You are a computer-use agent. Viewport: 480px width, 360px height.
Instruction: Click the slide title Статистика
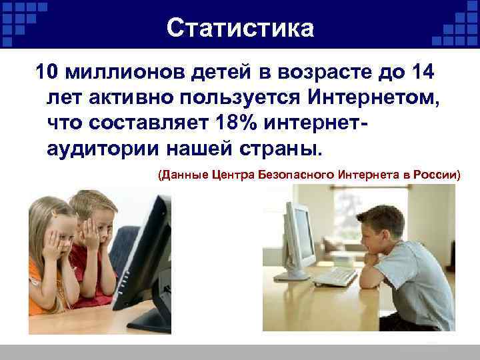[x=239, y=28]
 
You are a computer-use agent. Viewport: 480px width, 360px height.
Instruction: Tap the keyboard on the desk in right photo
[x=333, y=275]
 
